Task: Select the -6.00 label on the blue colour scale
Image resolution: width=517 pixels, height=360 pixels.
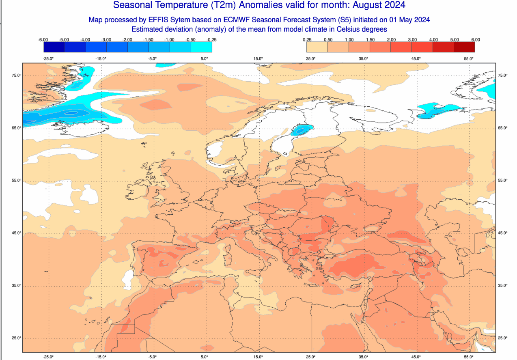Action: pos(43,40)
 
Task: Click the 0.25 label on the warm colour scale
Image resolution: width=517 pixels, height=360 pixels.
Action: pos(307,40)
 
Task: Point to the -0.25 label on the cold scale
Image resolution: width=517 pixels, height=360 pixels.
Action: pos(211,40)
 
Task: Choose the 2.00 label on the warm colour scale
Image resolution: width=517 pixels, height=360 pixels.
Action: pos(391,40)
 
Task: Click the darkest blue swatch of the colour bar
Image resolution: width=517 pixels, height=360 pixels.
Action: pos(54,47)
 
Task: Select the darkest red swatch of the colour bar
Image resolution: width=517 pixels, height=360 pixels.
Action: pos(464,47)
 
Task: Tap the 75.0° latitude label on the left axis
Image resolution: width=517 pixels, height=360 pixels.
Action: pos(17,75)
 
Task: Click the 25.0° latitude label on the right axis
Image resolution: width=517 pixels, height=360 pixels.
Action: pos(502,338)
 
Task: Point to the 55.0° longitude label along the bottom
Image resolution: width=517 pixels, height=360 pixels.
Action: pos(469,357)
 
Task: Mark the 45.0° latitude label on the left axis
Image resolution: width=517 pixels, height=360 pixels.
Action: pos(17,233)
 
